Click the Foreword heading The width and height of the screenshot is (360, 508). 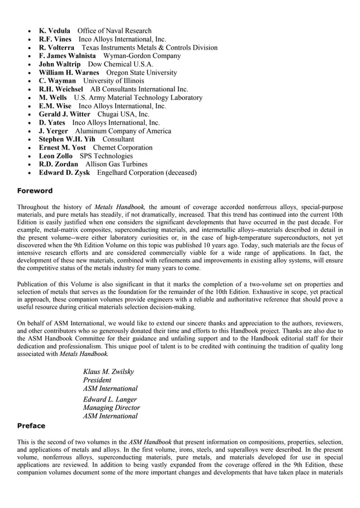[34, 191]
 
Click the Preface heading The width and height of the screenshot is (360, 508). [31, 426]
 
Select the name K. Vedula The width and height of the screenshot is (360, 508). [54, 30]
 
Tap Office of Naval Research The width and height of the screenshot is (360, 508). [115, 30]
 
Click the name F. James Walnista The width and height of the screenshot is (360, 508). [67, 56]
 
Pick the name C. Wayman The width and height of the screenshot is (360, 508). [57, 81]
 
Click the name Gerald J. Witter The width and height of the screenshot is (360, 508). [64, 114]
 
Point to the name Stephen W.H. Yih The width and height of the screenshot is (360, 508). [67, 139]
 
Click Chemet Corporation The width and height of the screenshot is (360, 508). [122, 147]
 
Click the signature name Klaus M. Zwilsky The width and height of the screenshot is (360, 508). [108, 372]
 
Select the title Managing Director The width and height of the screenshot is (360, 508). [111, 408]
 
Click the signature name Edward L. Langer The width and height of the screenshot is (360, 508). [109, 399]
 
